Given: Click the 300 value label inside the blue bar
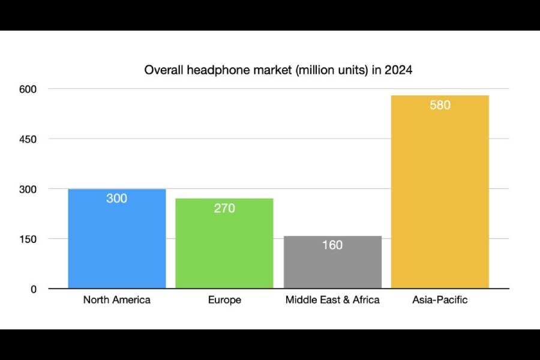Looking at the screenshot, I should (117, 199).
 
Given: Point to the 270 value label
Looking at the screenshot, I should (224, 209).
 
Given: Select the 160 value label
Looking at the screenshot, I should (332, 245).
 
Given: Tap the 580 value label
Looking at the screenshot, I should (440, 105).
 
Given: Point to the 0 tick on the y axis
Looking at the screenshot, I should (33, 289).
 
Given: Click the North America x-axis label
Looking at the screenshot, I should (117, 300).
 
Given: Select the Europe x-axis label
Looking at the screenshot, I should (224, 300).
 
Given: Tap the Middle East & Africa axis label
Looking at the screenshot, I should (332, 300).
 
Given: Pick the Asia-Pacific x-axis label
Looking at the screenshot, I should (440, 300).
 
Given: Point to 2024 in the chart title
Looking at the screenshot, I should (398, 70).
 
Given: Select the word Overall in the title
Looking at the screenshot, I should (163, 70).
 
